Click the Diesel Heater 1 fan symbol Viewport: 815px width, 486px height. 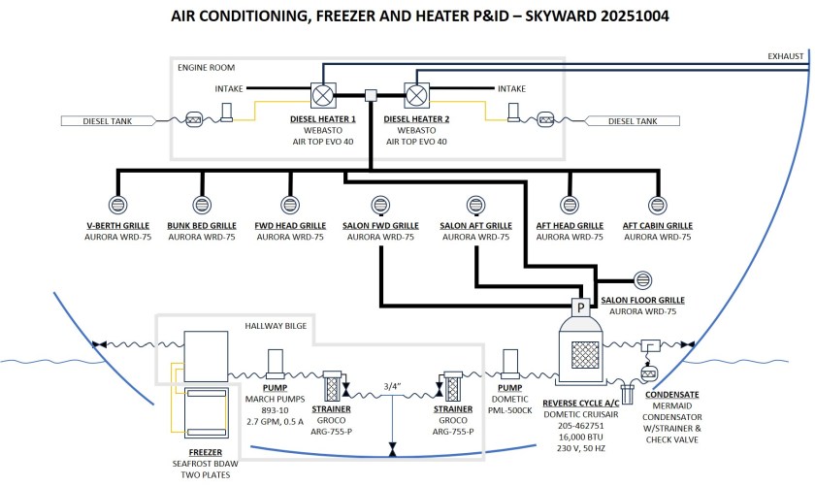(x=323, y=96)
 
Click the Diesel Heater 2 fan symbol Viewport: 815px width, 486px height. (x=417, y=96)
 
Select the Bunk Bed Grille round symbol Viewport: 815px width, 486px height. (x=203, y=206)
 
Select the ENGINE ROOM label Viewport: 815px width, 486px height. (x=205, y=68)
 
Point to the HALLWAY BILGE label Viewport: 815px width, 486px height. (x=276, y=326)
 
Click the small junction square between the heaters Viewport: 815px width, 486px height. (x=370, y=96)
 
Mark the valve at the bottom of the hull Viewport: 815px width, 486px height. (x=391, y=451)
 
